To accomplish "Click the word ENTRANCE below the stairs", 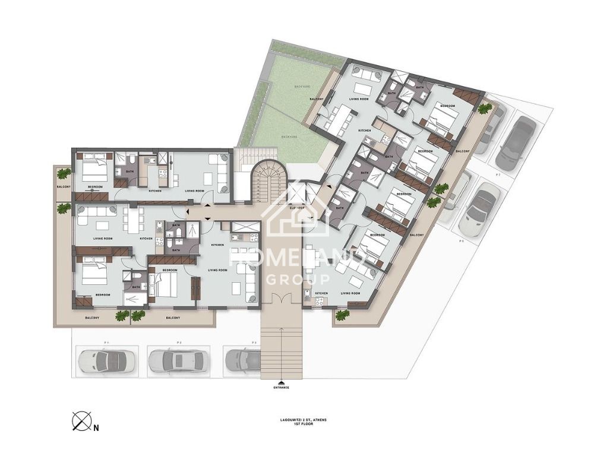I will click(x=282, y=388).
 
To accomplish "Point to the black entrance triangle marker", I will click(x=282, y=382).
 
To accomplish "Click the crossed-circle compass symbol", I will click(x=80, y=421).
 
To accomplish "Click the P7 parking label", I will click(x=498, y=176).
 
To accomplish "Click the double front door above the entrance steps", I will click(x=282, y=299).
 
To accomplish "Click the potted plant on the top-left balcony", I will click(x=63, y=173).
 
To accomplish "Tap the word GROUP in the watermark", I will click(x=298, y=280).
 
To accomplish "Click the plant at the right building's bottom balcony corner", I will click(x=342, y=315).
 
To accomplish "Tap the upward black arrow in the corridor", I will click(x=207, y=205).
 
